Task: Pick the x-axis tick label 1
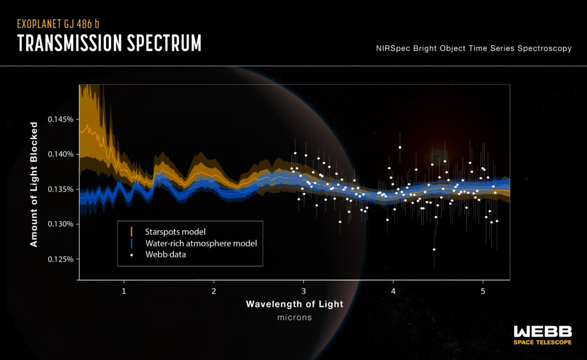click(124, 291)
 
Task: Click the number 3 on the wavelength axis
click(303, 291)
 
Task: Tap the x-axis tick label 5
click(483, 291)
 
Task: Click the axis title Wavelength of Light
click(294, 304)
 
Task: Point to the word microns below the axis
click(294, 317)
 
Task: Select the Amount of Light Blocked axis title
click(34, 184)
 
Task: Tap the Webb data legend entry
click(165, 255)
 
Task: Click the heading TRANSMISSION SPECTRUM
click(109, 44)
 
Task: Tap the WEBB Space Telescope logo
click(542, 335)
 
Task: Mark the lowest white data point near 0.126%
click(434, 249)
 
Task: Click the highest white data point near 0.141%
click(400, 147)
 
